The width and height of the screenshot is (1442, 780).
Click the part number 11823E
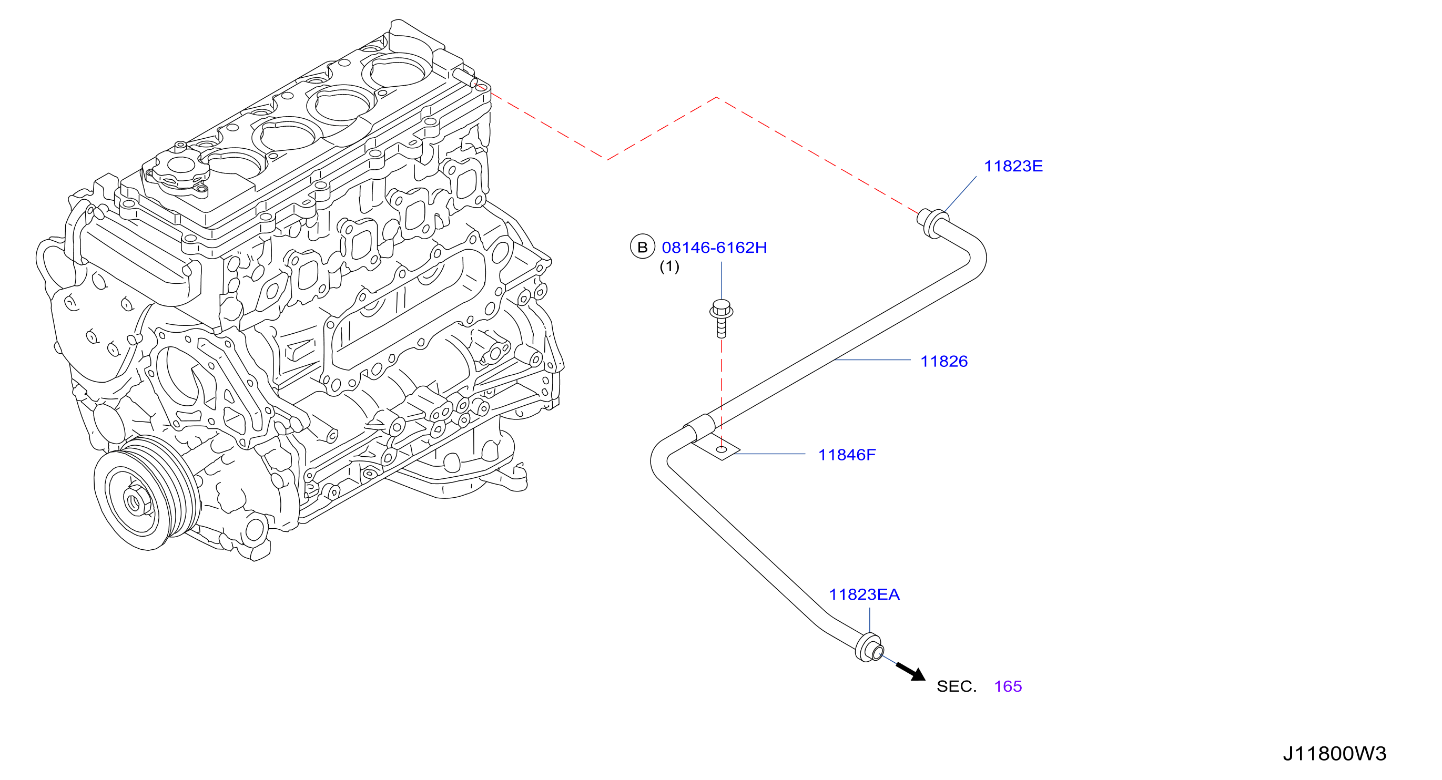point(1013,166)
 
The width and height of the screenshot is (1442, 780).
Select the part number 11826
point(944,362)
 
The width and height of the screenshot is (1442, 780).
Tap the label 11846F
point(847,455)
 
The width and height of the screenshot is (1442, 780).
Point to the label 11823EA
point(864,595)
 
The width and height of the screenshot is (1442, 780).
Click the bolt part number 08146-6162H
point(714,248)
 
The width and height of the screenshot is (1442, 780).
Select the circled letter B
point(643,247)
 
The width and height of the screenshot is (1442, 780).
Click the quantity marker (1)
point(669,266)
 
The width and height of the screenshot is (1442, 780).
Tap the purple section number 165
point(1008,686)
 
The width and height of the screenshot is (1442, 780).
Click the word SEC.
point(956,686)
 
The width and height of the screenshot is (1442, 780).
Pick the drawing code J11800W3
point(1335,754)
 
